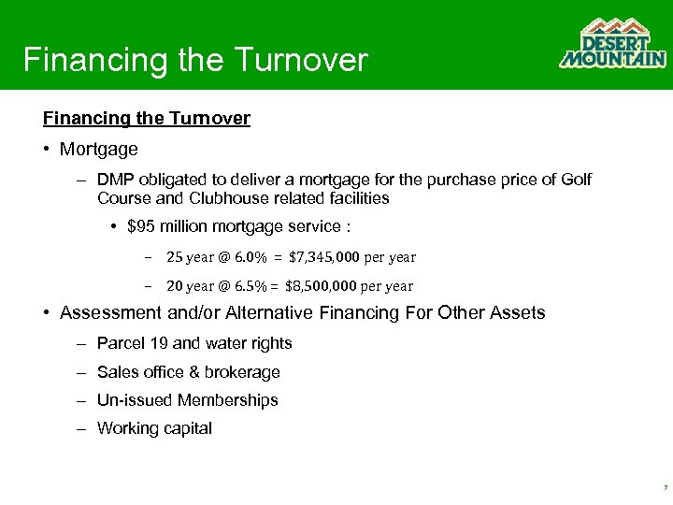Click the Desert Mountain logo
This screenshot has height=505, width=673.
coord(612,44)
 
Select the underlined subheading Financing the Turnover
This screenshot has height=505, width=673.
coord(146,119)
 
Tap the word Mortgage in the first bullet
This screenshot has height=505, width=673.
coord(98,149)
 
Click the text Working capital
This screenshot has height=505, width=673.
coord(154,428)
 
